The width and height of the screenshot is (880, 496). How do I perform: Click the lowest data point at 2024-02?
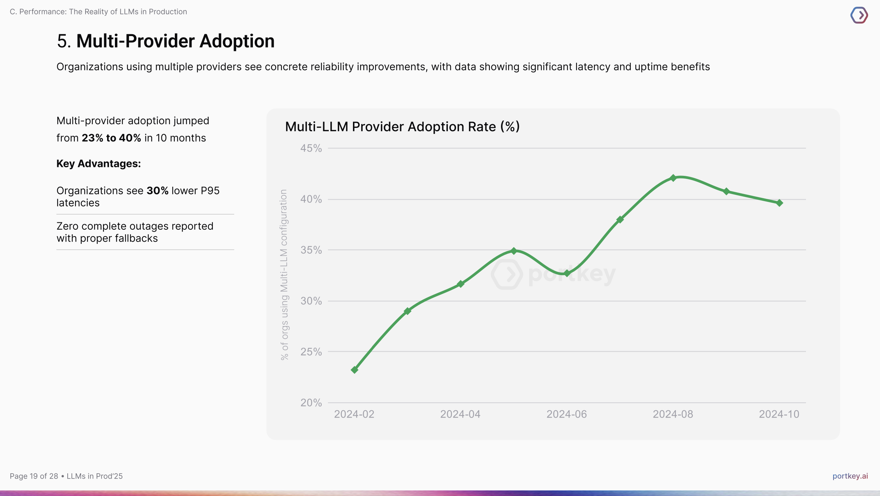(x=354, y=370)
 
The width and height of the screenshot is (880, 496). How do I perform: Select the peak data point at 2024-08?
(x=673, y=178)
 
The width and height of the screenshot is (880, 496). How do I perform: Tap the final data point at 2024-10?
(x=779, y=203)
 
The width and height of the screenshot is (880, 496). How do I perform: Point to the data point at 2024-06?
(x=567, y=273)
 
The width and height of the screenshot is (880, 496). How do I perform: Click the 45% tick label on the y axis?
(x=311, y=148)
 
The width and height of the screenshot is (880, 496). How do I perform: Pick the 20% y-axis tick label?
(x=311, y=403)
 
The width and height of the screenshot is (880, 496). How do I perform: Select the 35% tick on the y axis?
(x=311, y=250)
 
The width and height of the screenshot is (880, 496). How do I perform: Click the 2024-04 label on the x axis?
(x=460, y=414)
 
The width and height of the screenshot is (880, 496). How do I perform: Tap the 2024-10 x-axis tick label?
(x=779, y=414)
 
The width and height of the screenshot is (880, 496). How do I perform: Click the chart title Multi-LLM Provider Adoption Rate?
(x=402, y=127)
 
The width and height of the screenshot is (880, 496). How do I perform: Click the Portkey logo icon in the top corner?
(x=859, y=15)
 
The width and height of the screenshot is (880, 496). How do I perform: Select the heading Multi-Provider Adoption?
(x=175, y=41)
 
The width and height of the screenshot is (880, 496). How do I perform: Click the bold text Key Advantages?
(x=99, y=164)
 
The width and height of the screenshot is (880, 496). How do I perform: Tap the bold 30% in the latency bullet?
(x=157, y=191)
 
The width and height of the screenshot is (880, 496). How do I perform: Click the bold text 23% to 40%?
(x=111, y=138)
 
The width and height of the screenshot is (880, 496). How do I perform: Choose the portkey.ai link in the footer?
(x=850, y=476)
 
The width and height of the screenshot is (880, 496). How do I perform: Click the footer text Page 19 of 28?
(x=34, y=476)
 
